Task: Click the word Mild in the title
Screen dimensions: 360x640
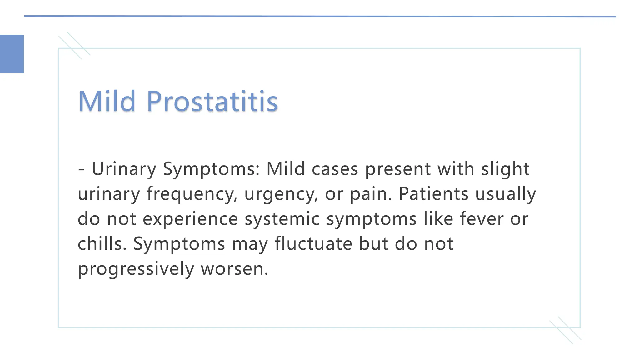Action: [x=107, y=101]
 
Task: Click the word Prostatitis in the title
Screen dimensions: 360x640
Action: [x=212, y=101]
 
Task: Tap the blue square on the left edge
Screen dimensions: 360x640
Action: [x=12, y=54]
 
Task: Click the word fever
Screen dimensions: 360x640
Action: [x=482, y=218]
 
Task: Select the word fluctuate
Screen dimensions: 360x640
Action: [x=313, y=243]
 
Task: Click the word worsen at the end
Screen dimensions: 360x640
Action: [x=234, y=269]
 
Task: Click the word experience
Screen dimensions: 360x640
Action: [x=190, y=219]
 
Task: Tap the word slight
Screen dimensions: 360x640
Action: [x=505, y=169]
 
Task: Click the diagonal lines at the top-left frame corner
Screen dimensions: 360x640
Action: [x=74, y=46]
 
